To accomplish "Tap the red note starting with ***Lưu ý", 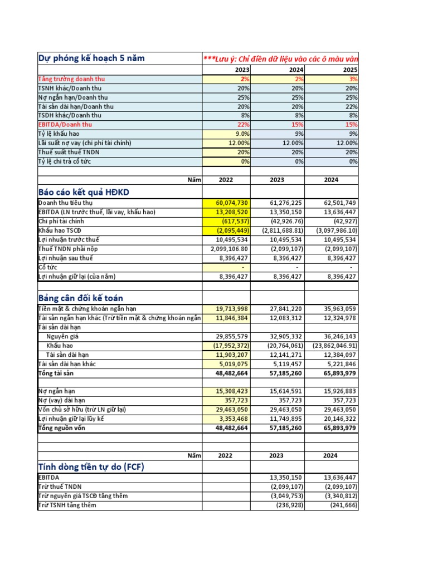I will [281, 60].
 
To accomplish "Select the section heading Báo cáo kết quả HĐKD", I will [83, 192].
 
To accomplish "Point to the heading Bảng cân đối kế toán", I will [81, 298].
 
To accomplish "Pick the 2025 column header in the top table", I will [350, 71].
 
